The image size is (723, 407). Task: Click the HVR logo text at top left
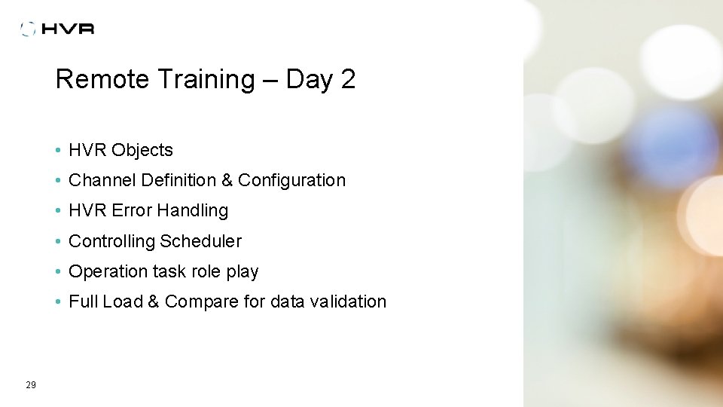point(68,29)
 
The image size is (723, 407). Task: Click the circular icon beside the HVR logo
point(29,29)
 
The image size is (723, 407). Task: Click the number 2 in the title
point(347,79)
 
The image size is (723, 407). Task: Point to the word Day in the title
point(309,79)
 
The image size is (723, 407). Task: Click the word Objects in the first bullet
point(142,150)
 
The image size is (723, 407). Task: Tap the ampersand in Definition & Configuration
point(227,180)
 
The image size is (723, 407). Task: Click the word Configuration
point(291,180)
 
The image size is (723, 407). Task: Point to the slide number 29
point(31,385)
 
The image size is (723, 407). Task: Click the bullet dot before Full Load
point(58,301)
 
